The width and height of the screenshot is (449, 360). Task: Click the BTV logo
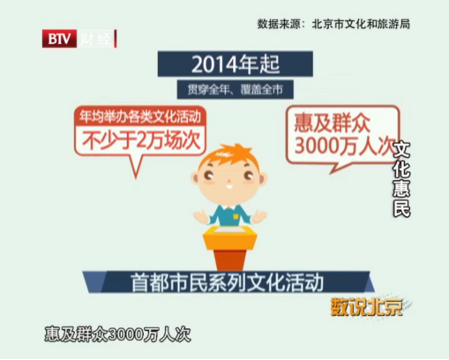click(59, 39)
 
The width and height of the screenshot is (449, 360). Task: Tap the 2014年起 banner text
click(236, 64)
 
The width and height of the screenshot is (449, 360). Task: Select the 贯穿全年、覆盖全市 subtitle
click(235, 89)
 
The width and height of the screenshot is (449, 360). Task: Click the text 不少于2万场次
click(141, 140)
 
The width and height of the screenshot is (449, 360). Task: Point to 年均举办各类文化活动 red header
click(140, 116)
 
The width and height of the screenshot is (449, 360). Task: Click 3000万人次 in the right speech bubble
click(343, 146)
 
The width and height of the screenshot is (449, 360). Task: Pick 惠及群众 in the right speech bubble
click(332, 124)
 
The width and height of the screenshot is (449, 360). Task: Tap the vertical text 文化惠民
click(401, 179)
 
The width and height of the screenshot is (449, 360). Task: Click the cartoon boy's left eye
click(208, 176)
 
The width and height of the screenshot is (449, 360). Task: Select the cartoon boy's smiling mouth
click(229, 186)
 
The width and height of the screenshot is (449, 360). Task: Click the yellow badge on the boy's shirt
click(236, 216)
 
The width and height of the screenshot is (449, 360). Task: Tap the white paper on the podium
click(229, 229)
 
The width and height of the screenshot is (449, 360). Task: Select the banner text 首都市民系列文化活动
click(227, 282)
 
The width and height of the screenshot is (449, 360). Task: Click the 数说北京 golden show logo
click(367, 307)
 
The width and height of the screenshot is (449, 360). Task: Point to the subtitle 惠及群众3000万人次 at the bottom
click(117, 334)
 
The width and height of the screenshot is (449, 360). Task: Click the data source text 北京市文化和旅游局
click(361, 24)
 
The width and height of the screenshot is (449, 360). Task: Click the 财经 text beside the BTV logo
click(96, 39)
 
